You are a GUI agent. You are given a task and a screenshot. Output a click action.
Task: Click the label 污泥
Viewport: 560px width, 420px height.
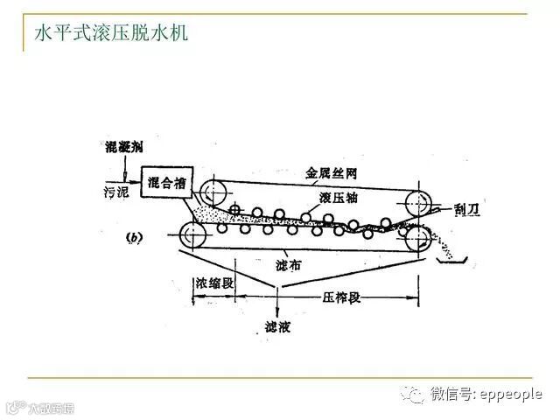(113, 190)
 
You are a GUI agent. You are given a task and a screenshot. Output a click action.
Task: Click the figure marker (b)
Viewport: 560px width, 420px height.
(136, 236)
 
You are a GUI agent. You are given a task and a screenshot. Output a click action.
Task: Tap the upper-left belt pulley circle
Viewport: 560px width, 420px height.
(211, 192)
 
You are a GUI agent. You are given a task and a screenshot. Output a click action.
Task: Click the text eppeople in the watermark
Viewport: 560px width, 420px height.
(510, 395)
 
